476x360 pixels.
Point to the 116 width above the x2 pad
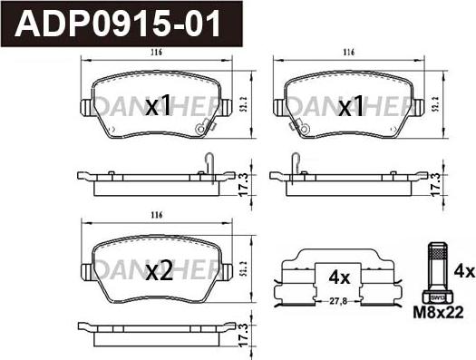click(156, 216)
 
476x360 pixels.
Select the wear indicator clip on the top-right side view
click(296, 163)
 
